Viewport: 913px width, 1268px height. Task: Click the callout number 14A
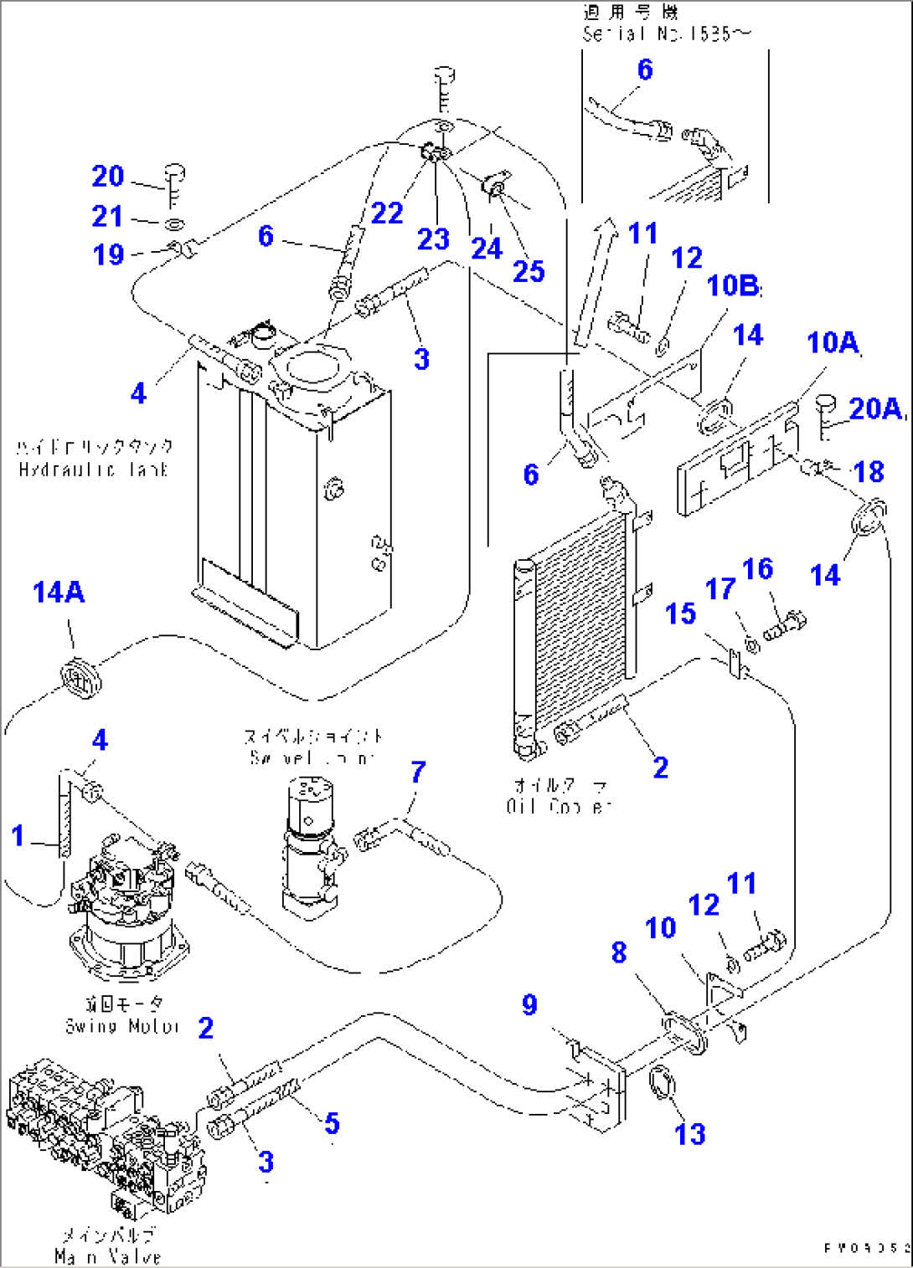click(59, 593)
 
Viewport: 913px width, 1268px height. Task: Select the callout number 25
click(529, 271)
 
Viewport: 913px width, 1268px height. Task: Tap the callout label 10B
click(733, 286)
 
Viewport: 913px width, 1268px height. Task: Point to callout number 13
click(690, 1134)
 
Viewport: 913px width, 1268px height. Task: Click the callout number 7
click(418, 772)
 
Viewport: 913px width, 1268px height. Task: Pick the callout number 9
click(529, 1004)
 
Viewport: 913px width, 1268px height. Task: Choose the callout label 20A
click(875, 408)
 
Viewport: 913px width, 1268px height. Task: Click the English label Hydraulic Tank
click(93, 470)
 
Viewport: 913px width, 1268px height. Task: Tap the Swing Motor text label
click(122, 1026)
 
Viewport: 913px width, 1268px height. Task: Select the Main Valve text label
click(107, 1256)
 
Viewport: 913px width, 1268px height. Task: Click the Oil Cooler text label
click(559, 807)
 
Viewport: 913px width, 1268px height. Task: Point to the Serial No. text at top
click(667, 33)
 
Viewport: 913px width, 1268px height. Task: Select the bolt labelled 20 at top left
click(175, 184)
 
